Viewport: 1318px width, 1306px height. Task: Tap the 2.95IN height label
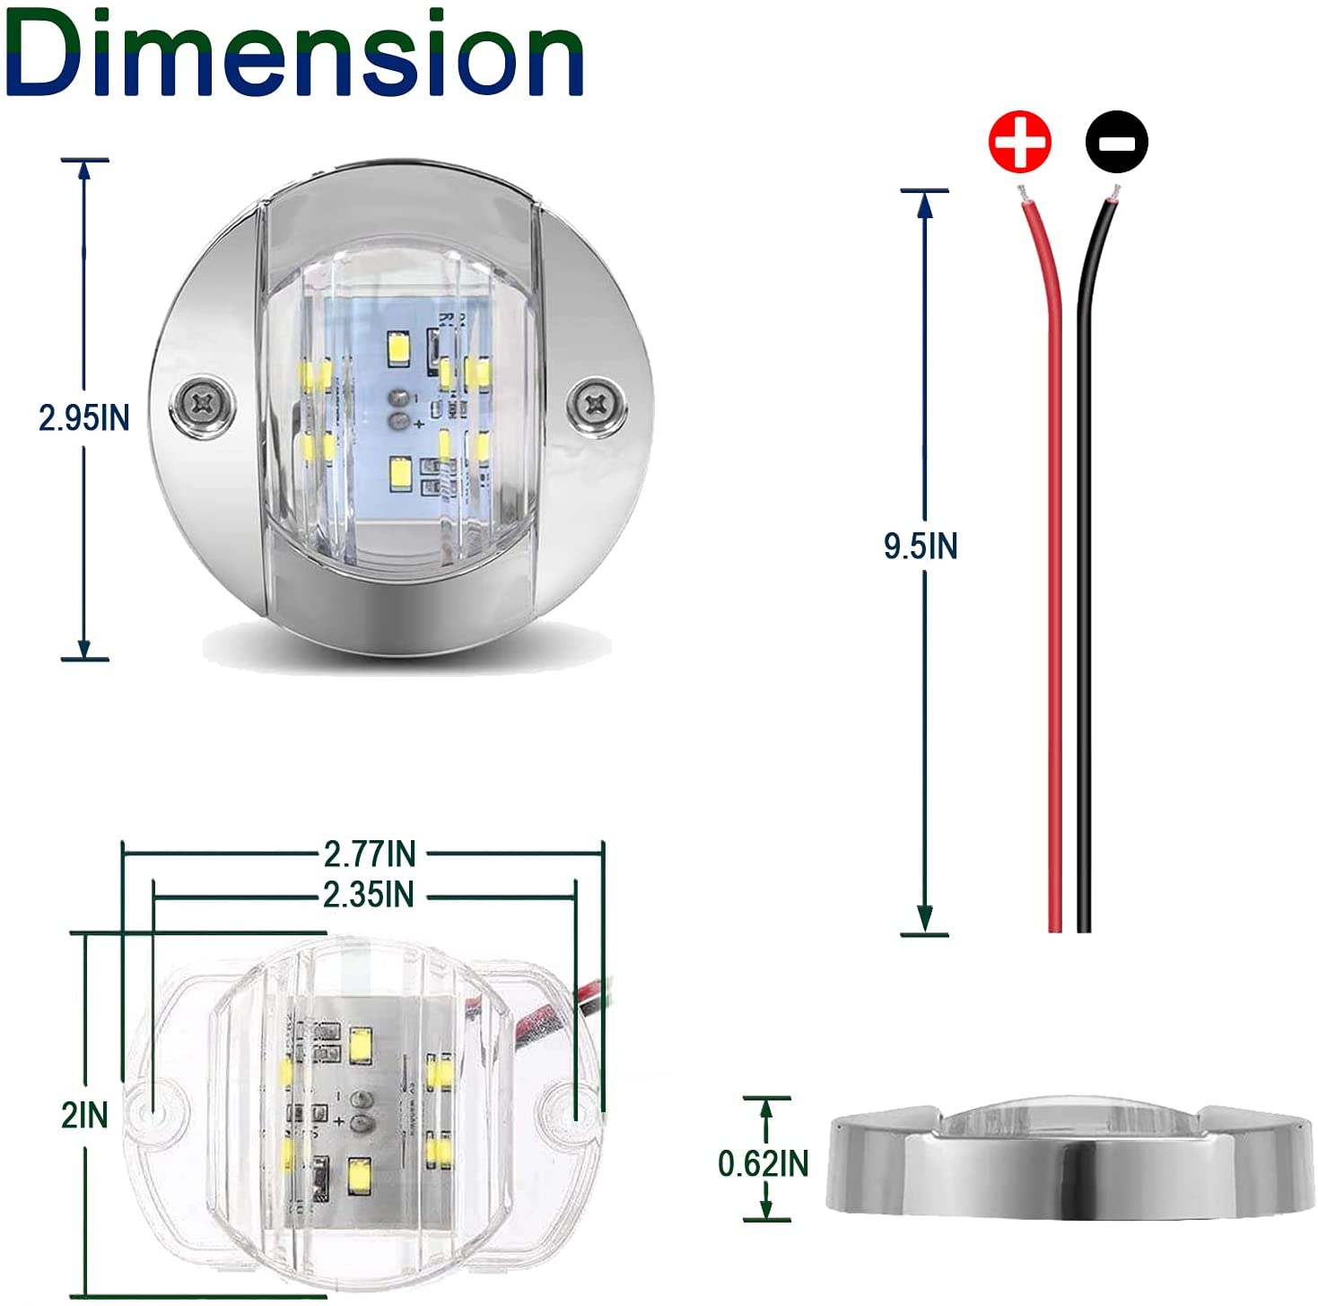(83, 417)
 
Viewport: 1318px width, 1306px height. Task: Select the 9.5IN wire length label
(921, 546)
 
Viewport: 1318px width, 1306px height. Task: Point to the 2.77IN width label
(370, 854)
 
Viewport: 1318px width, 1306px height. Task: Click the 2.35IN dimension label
(369, 895)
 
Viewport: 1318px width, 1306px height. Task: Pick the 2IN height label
(84, 1116)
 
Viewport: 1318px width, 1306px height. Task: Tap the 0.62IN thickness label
(763, 1163)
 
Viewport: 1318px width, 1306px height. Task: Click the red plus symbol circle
(1019, 142)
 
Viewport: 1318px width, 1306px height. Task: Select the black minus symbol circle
(1116, 142)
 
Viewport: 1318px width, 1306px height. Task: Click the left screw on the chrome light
(202, 405)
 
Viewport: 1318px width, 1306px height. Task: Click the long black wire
(1084, 583)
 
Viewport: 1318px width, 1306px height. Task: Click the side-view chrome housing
(1068, 1167)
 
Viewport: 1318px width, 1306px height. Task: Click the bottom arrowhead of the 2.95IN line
(84, 648)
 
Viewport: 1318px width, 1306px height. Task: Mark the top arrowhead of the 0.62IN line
(766, 1109)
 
